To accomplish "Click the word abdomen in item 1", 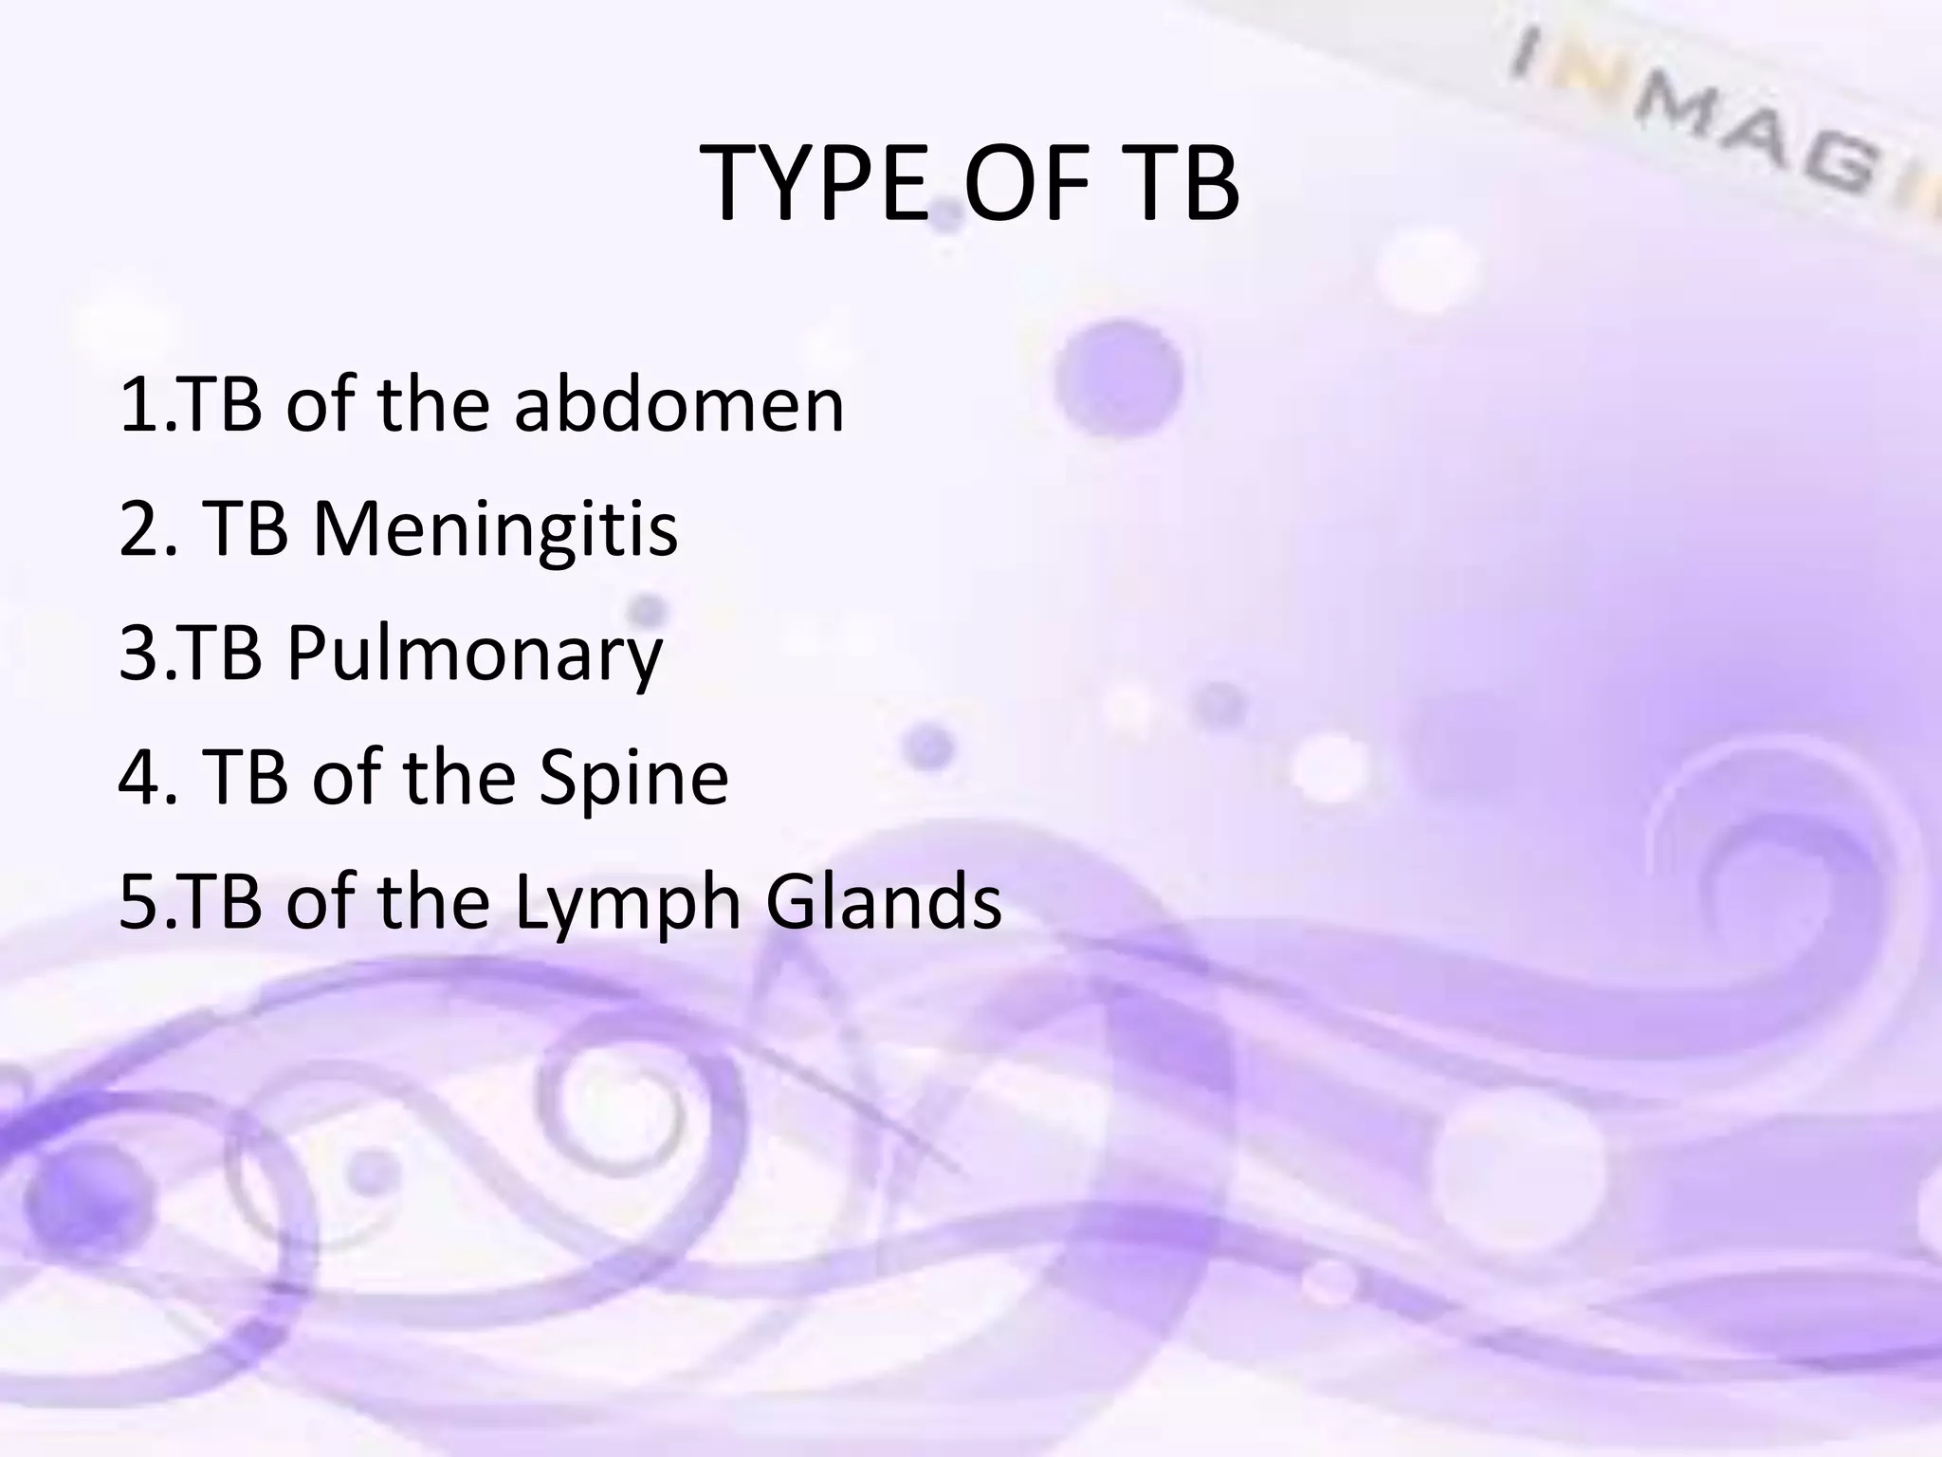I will [x=679, y=405].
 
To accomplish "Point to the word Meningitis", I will [x=495, y=528].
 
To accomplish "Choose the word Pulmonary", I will [x=474, y=655].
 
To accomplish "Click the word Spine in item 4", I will [x=633, y=778].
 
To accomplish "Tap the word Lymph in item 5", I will [x=627, y=902].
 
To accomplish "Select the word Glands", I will [x=883, y=902].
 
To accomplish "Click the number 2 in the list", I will [x=137, y=530].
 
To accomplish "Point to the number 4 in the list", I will [x=138, y=778].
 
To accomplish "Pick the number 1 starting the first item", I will [x=137, y=405].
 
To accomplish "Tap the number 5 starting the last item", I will [x=137, y=902].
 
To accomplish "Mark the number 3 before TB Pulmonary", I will [x=137, y=655].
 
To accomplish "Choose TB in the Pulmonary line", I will [x=220, y=655].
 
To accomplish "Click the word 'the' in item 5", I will [x=433, y=902].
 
